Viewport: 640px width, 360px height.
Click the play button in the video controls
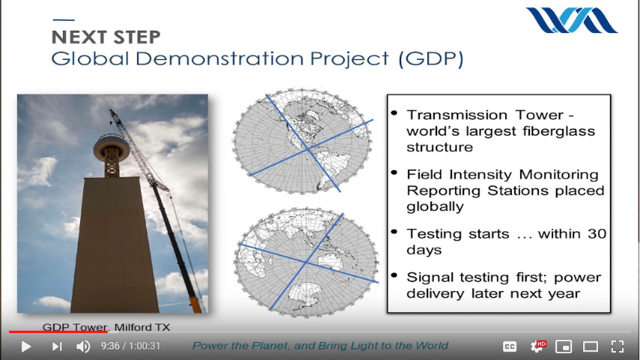click(x=25, y=347)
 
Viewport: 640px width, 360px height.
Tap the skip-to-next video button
click(x=57, y=347)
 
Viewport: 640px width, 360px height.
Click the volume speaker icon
click(x=83, y=347)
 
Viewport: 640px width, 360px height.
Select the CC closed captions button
click(x=510, y=347)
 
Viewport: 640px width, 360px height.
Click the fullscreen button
click(x=618, y=347)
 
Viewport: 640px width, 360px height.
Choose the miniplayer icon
click(x=563, y=347)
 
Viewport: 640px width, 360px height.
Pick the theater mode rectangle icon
click(x=590, y=347)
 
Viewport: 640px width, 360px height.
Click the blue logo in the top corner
click(x=571, y=20)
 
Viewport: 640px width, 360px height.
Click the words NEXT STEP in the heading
click(x=106, y=37)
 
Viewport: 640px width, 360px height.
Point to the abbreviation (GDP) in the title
click(x=431, y=58)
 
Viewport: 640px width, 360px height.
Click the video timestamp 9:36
click(x=110, y=346)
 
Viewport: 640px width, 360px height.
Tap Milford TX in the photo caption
click(x=142, y=327)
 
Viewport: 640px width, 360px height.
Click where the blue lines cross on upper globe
click(x=307, y=150)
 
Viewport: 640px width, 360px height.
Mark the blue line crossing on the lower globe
click(x=305, y=262)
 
